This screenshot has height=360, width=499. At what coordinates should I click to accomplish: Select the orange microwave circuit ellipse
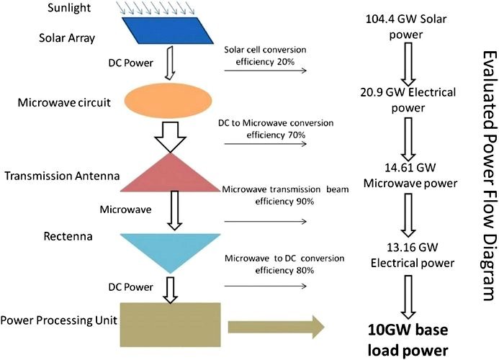[x=174, y=99]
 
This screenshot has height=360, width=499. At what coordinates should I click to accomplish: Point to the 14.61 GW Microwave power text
[x=410, y=176]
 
